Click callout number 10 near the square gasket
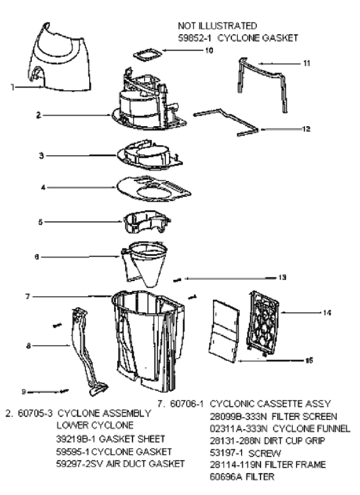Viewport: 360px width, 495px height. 209,51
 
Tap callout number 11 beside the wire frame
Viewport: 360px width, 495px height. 306,63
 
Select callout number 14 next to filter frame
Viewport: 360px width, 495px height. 327,313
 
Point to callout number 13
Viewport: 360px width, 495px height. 282,277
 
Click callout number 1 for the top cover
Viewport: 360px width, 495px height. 13,87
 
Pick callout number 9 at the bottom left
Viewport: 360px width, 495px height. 23,392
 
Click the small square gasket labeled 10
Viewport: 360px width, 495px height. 146,55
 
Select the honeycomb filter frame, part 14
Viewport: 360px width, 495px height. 263,324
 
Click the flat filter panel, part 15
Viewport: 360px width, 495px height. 224,331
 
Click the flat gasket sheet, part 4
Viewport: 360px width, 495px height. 154,188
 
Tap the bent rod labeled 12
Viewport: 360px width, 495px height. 226,123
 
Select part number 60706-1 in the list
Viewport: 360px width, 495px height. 187,404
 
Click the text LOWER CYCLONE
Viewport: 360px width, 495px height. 95,426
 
